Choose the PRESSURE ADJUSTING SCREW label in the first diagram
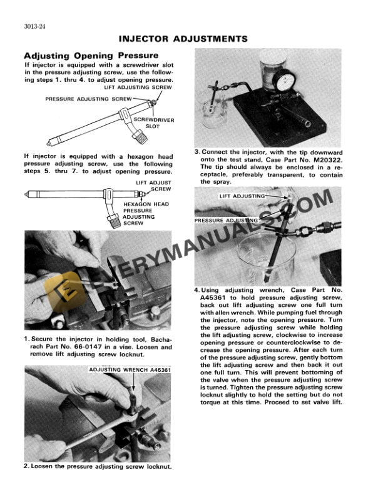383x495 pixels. [x=88, y=99]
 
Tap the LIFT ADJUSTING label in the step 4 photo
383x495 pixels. [x=242, y=196]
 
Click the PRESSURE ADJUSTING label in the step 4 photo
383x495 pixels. [x=226, y=221]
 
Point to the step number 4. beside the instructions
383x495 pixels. [x=197, y=291]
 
